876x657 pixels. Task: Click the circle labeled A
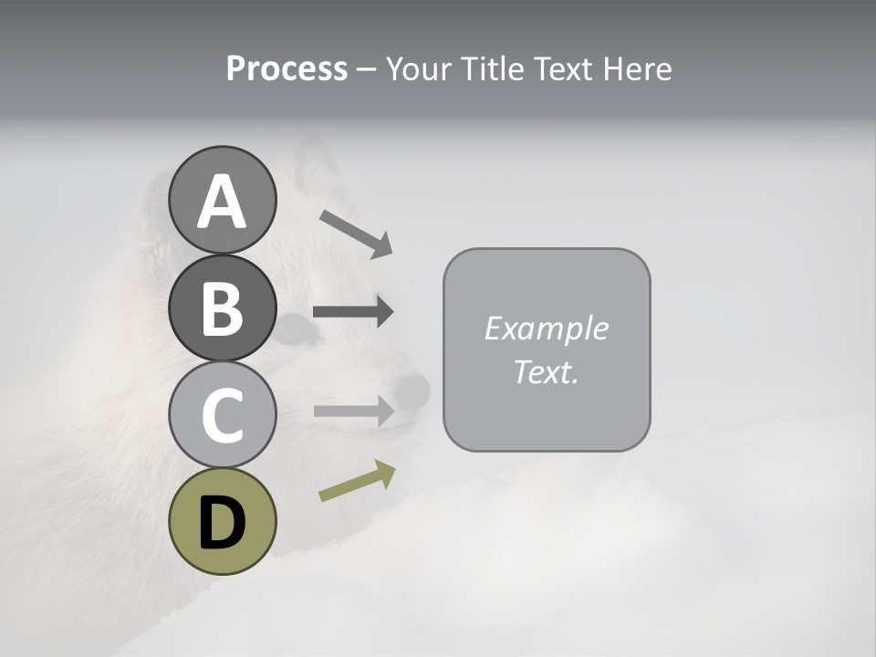pyautogui.click(x=222, y=200)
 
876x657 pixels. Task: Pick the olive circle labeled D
pyautogui.click(x=222, y=521)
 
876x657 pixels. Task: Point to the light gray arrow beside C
pyautogui.click(x=353, y=411)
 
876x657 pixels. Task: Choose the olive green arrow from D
pyautogui.click(x=357, y=481)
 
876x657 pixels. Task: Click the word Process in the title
pyautogui.click(x=287, y=69)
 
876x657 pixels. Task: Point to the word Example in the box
pyautogui.click(x=546, y=328)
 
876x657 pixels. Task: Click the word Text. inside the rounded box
pyautogui.click(x=546, y=372)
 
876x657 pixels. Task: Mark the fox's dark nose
pyautogui.click(x=412, y=391)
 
